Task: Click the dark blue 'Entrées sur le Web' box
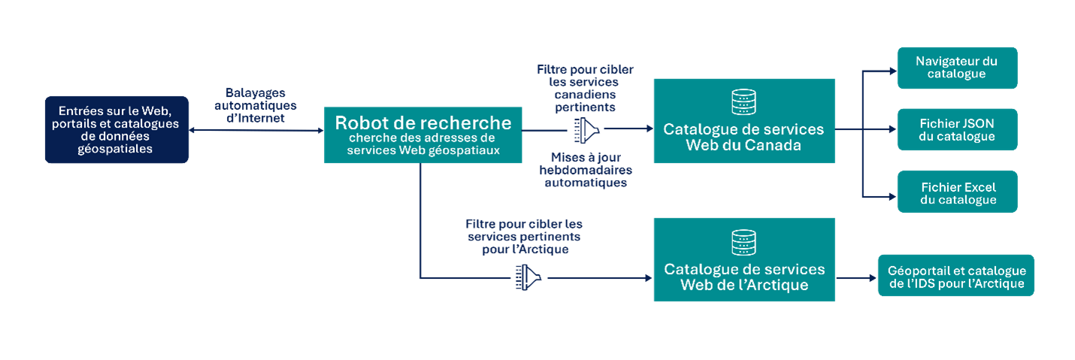(116, 129)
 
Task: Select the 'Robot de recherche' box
(422, 135)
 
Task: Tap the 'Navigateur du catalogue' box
(957, 68)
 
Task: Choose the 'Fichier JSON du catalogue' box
(957, 129)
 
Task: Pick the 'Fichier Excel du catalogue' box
(957, 192)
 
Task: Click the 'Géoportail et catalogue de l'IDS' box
(955, 277)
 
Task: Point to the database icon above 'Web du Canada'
(743, 101)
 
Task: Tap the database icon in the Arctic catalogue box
(743, 241)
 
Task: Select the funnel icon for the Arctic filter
(528, 278)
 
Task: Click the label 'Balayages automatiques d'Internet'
(256, 105)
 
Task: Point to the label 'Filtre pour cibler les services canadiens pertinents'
(585, 88)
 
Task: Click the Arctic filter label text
(524, 237)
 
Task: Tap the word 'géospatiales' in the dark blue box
(116, 149)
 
